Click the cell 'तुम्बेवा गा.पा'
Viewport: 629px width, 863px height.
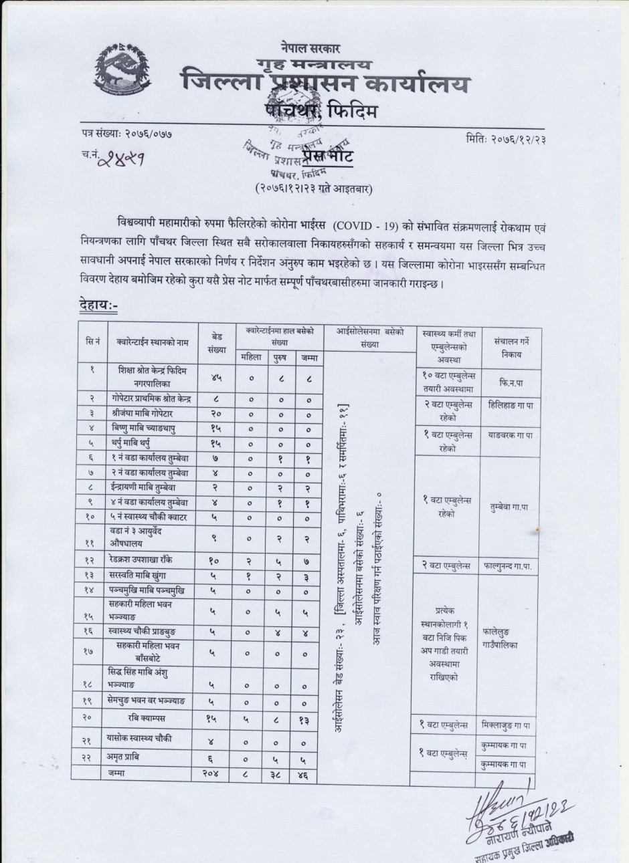coord(511,506)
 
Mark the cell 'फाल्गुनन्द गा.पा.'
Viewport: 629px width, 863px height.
coord(511,565)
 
